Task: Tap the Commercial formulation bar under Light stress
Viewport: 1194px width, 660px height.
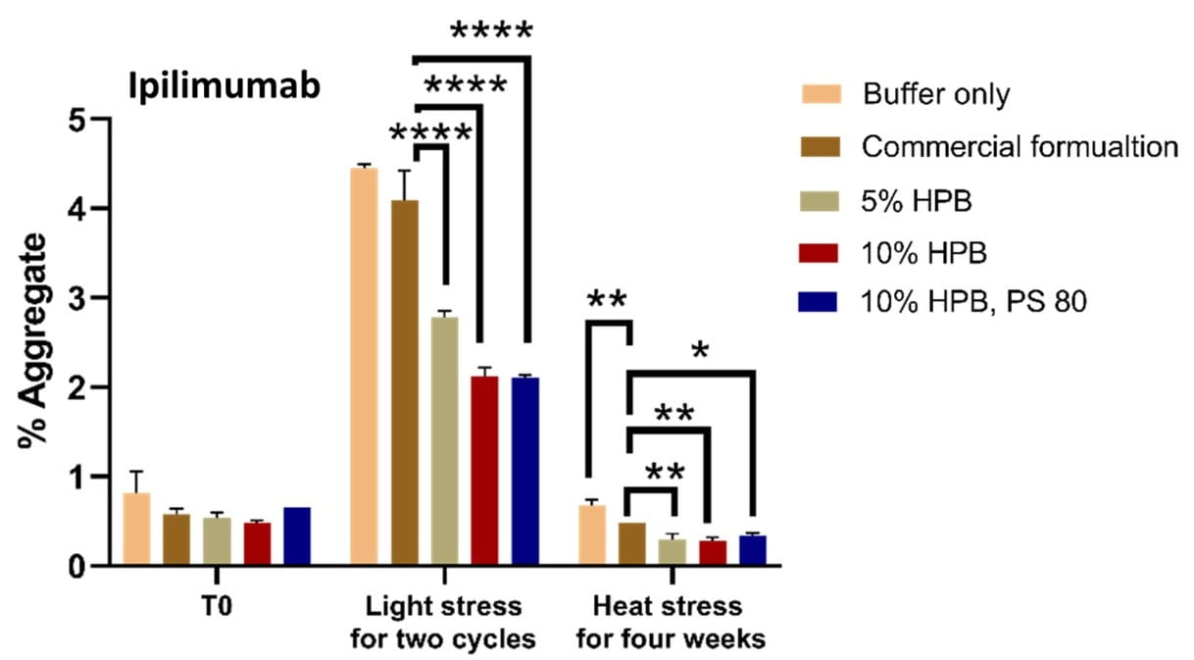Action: pyautogui.click(x=404, y=382)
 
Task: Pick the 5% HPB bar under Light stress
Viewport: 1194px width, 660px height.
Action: pyautogui.click(x=445, y=441)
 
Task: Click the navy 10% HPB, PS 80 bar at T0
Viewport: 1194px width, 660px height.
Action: pyautogui.click(x=297, y=536)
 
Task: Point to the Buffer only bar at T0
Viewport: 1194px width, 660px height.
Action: pyautogui.click(x=136, y=529)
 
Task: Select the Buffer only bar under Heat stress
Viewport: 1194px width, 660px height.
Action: pyautogui.click(x=592, y=535)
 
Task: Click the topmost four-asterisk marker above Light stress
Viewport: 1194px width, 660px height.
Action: pyautogui.click(x=491, y=31)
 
